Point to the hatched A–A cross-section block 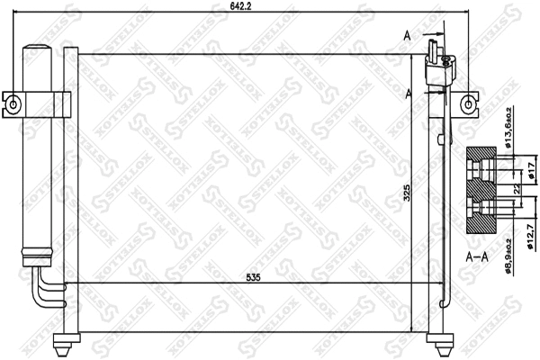point(483,191)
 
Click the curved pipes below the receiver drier point(45,292)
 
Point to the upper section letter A point(408,35)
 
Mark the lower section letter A point(409,93)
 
